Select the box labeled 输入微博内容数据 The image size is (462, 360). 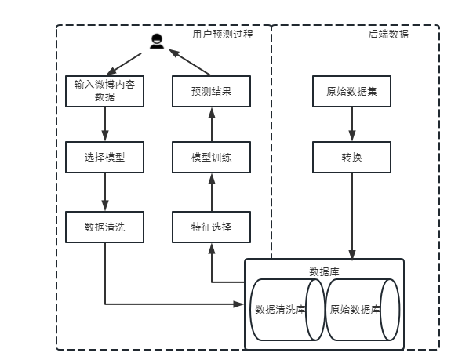pyautogui.click(x=104, y=90)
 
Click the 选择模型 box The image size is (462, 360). pyautogui.click(x=104, y=158)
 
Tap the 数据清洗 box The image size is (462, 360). pyautogui.click(x=104, y=227)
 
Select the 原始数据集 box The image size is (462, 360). pyautogui.click(x=351, y=90)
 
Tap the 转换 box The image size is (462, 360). pyautogui.click(x=351, y=158)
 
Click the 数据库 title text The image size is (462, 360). pyautogui.click(x=324, y=271)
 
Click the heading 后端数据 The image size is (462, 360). pyautogui.click(x=387, y=35)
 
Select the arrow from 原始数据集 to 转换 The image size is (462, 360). pyautogui.click(x=351, y=124)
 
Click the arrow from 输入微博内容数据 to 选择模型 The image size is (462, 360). pyautogui.click(x=104, y=124)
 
